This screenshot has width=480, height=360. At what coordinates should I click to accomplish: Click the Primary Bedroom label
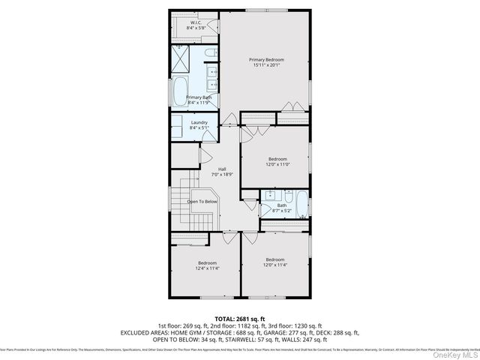click(266, 59)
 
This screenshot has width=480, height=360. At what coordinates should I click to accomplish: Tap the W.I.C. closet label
click(195, 23)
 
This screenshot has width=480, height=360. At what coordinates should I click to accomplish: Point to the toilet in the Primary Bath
click(210, 55)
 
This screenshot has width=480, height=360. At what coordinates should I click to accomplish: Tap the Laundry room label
click(199, 122)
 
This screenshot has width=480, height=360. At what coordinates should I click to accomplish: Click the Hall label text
click(222, 169)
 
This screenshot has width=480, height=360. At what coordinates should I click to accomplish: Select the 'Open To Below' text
click(202, 201)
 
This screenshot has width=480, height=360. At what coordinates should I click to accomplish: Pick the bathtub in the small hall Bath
click(300, 204)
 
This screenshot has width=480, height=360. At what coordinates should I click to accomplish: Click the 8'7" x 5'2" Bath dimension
click(282, 211)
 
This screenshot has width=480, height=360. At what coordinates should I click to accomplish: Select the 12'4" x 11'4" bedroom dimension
click(206, 268)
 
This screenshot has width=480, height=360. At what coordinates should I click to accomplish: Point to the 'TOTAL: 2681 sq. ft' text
click(240, 319)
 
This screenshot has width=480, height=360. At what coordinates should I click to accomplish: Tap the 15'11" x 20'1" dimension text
click(266, 65)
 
